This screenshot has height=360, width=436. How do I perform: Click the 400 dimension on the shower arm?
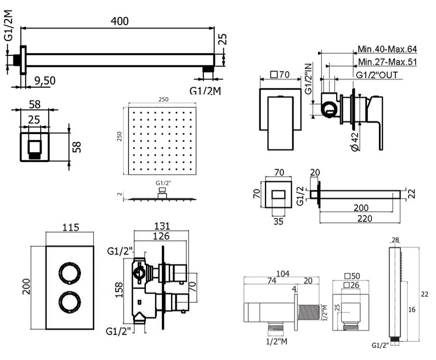pyautogui.click(x=119, y=21)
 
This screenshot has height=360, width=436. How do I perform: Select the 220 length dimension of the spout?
pyautogui.click(x=363, y=218)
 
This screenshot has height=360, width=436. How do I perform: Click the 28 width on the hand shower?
pyautogui.click(x=396, y=240)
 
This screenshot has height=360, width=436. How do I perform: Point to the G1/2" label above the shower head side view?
pyautogui.click(x=163, y=182)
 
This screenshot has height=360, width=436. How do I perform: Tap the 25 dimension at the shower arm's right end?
pyautogui.click(x=222, y=40)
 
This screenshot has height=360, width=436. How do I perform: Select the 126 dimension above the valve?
pyautogui.click(x=160, y=237)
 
